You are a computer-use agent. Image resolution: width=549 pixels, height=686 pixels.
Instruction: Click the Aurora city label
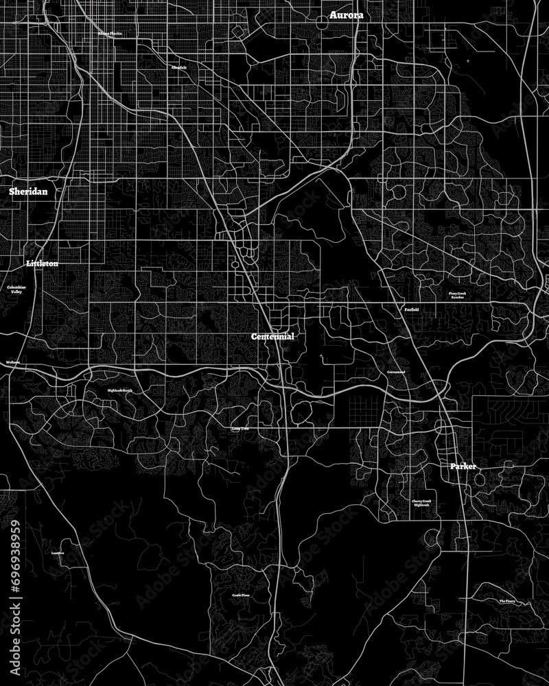point(347,14)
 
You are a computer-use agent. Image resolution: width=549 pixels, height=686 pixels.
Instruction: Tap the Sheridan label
point(28,192)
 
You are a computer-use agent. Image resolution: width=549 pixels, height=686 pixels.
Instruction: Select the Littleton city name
point(42,263)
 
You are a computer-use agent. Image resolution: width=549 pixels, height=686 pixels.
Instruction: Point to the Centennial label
point(272,337)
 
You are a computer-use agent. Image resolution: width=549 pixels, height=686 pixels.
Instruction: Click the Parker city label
point(463,466)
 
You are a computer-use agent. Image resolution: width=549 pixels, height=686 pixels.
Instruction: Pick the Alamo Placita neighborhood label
point(110,33)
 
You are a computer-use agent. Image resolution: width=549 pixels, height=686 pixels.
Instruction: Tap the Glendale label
point(179,67)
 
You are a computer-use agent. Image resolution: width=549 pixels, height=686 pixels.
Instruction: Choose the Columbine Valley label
point(15,289)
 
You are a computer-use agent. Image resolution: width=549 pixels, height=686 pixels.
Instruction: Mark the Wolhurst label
point(12,362)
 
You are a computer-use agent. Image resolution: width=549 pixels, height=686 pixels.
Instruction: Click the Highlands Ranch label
point(119,390)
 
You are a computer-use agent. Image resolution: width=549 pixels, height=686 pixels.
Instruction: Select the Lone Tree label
point(240,429)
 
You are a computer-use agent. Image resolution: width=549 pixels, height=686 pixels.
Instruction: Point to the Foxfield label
point(410,309)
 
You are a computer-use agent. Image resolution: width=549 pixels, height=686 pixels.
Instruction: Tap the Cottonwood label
point(396,372)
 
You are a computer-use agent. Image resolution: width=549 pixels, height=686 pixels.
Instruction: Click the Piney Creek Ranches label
point(457,295)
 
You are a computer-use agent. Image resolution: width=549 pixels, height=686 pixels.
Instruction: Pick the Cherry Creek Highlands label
point(421,503)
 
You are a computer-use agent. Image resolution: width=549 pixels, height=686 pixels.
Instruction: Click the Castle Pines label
point(240,595)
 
